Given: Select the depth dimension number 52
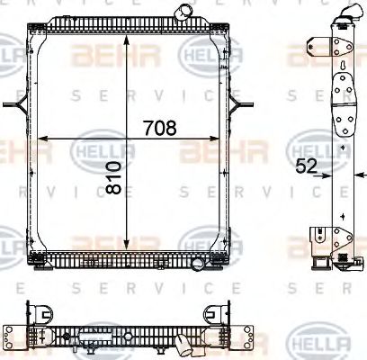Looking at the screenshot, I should tap(305, 166).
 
